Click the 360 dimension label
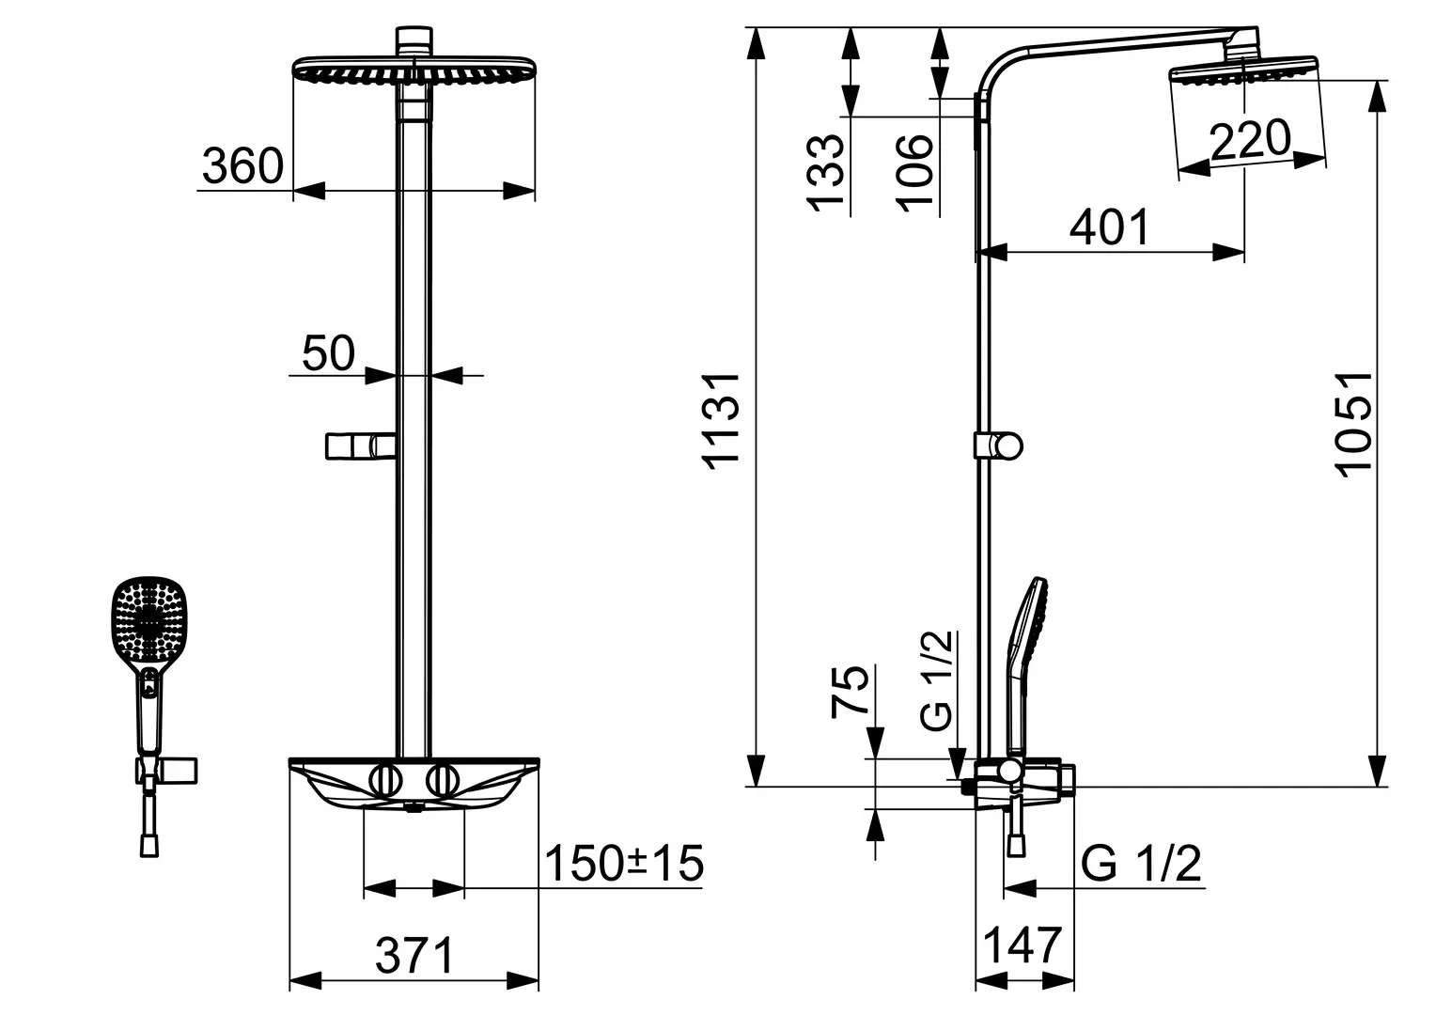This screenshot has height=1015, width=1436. click(242, 165)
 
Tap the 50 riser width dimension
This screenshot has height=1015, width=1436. click(328, 352)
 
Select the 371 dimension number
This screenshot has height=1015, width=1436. click(414, 956)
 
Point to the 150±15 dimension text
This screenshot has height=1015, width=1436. click(624, 863)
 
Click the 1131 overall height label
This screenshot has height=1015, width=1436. click(721, 421)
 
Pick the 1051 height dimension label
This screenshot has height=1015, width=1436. click(1352, 425)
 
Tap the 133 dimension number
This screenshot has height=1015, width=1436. click(825, 173)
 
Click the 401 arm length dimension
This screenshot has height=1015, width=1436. click(1110, 227)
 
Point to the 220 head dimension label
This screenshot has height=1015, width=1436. click(1250, 139)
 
